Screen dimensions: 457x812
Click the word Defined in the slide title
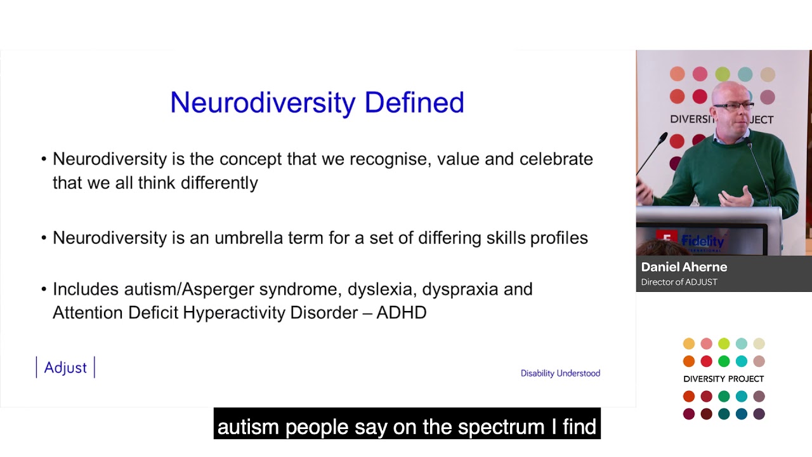414,103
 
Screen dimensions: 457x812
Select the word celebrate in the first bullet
556,159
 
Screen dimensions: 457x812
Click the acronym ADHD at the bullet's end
402,312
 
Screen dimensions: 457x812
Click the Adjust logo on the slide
65,368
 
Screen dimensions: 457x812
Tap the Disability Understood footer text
560,373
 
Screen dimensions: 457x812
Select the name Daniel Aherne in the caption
684,267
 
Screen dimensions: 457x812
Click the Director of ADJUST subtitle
679,282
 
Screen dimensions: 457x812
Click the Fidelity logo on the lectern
702,241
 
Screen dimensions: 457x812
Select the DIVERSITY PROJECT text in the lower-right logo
723,379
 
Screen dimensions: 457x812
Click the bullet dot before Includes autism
44,290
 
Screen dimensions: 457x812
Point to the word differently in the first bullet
219,183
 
